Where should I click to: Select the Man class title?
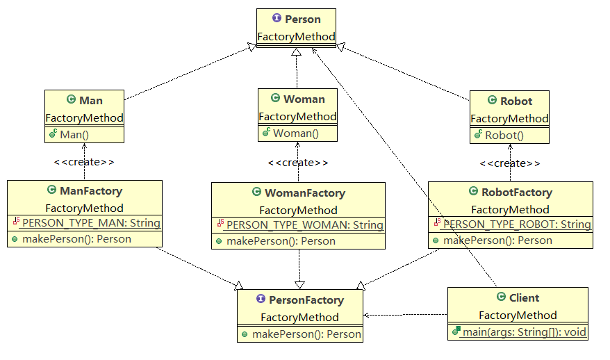point(90,101)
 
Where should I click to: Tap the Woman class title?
point(304,99)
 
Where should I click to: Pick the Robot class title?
point(516,101)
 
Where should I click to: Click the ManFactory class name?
point(90,190)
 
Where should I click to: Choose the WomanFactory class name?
point(305,193)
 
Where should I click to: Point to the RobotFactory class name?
point(516,192)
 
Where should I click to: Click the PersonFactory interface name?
point(306,300)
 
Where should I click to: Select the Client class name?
point(523,297)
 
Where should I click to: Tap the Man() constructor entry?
point(80,133)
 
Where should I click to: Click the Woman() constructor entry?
point(295,133)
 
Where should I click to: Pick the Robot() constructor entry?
point(504,136)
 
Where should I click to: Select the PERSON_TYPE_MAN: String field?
point(90,223)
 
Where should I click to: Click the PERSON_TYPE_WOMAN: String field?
point(304,225)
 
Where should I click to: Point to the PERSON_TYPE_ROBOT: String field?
point(516,224)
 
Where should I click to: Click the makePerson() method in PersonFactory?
point(306,334)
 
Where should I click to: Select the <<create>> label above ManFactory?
point(84,162)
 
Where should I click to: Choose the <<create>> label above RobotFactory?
point(511,163)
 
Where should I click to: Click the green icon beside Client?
point(500,297)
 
